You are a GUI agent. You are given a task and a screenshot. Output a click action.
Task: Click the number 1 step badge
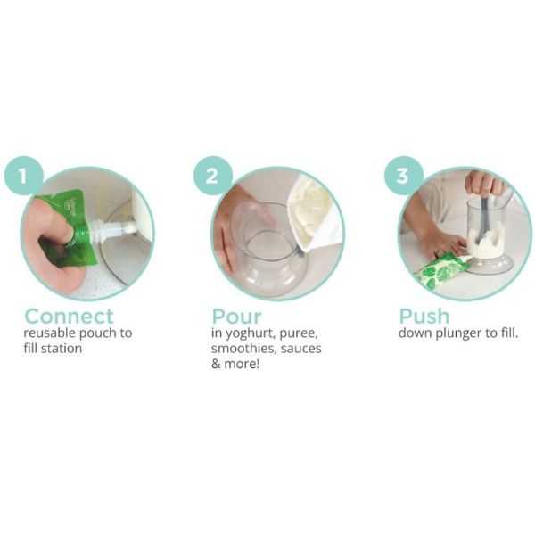[23, 176]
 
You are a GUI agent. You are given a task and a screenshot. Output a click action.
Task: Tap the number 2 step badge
[213, 176]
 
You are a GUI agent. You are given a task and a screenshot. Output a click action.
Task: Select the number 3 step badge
[404, 176]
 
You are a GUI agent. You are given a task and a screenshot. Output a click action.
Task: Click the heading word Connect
[69, 316]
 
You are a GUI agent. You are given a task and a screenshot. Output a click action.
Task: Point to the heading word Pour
[236, 317]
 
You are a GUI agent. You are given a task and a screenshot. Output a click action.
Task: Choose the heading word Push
[424, 316]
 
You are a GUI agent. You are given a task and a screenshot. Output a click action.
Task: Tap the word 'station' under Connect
[62, 349]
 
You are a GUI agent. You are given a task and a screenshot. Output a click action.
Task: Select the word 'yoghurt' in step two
[250, 333]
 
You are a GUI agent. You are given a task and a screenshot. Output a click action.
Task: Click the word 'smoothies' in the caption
[244, 349]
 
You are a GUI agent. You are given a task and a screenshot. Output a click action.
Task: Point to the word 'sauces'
[301, 349]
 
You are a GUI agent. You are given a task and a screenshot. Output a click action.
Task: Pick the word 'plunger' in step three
[458, 333]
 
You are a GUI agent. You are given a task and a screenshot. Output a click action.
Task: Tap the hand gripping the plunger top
[484, 183]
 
